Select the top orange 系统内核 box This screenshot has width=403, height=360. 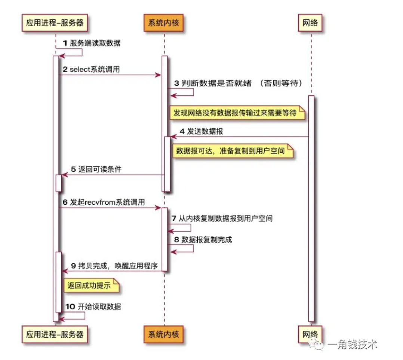[x=164, y=23]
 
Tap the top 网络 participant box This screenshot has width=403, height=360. [x=310, y=23]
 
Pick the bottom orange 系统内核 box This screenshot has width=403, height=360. [x=164, y=334]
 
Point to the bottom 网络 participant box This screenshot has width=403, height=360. [x=310, y=334]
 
